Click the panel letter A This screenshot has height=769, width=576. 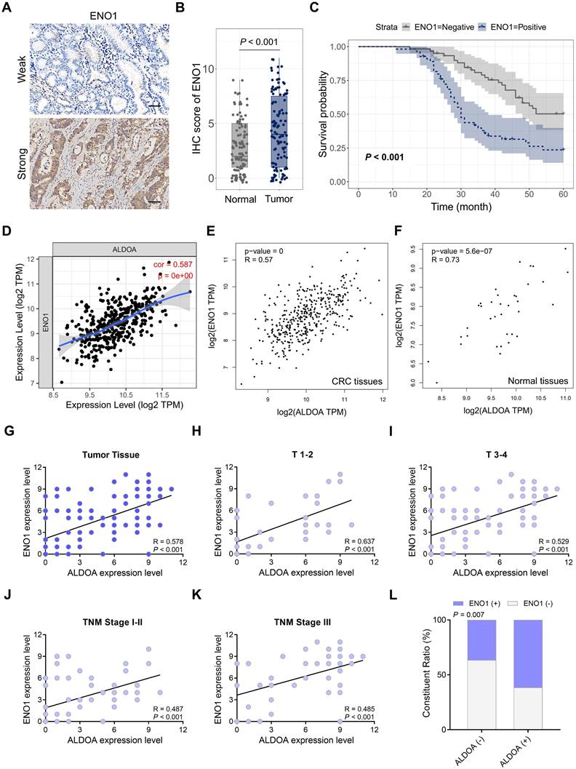7,9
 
